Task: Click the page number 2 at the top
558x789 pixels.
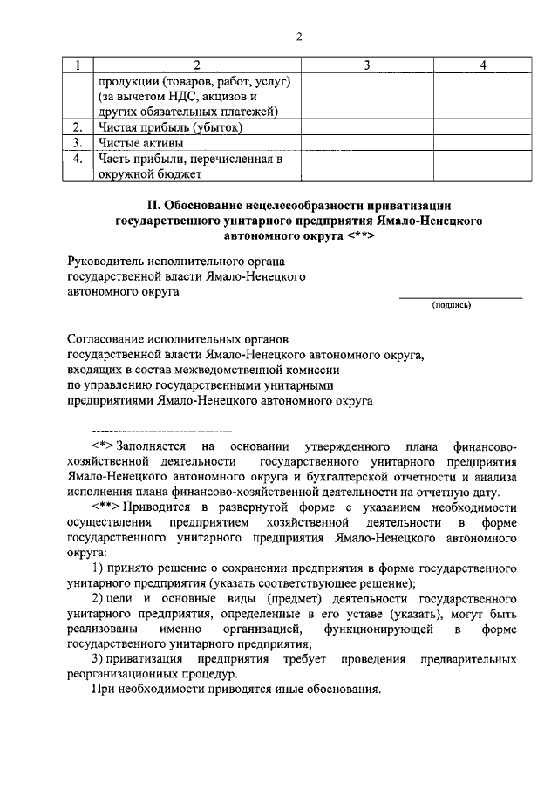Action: (x=298, y=36)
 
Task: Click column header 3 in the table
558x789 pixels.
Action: (x=367, y=65)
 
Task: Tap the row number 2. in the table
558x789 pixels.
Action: (x=78, y=127)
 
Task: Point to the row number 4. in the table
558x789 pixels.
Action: (x=78, y=159)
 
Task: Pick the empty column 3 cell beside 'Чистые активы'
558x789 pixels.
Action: (x=367, y=143)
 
